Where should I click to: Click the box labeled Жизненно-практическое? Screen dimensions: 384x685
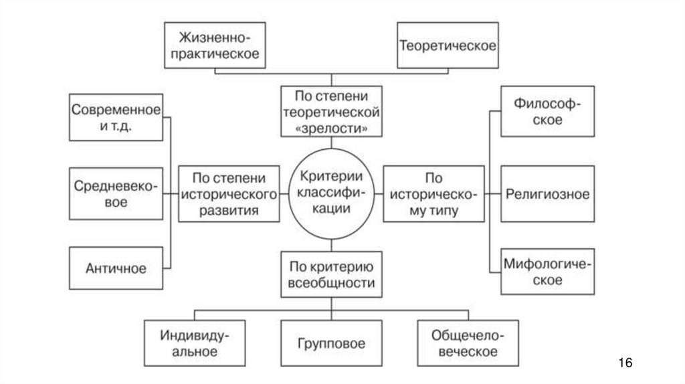pyautogui.click(x=214, y=44)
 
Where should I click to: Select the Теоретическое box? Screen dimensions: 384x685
pyautogui.click(x=448, y=45)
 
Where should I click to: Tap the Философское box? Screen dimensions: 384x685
pyautogui.click(x=547, y=112)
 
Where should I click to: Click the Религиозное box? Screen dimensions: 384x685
pyautogui.click(x=547, y=195)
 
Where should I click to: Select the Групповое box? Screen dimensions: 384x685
pyautogui.click(x=331, y=344)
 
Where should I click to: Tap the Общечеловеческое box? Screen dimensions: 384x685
pyautogui.click(x=464, y=343)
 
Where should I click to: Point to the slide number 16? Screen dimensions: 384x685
pyautogui.click(x=625, y=362)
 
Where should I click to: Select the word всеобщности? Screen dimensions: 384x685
pyautogui.click(x=331, y=282)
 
